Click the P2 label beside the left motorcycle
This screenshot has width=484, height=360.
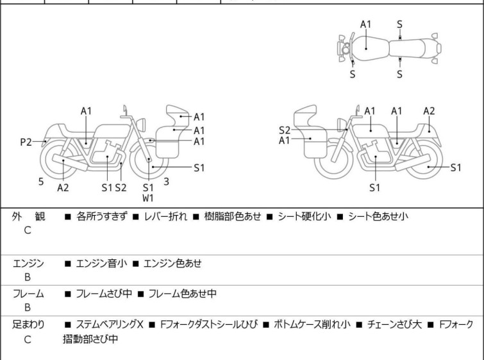coord(26,142)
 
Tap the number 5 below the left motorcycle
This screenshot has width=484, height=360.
coord(41,182)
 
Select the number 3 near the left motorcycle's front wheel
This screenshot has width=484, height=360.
coord(167,182)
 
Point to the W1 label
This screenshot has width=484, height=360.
coord(148,198)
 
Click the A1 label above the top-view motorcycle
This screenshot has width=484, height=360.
coord(365,24)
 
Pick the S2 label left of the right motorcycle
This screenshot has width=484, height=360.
coord(285,130)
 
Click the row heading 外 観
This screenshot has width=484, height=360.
coord(28,217)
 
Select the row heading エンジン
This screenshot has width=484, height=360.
coord(28,262)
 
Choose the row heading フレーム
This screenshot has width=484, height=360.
coord(28,294)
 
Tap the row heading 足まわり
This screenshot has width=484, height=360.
coord(28,325)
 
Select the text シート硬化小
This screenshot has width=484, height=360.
coord(305,217)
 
